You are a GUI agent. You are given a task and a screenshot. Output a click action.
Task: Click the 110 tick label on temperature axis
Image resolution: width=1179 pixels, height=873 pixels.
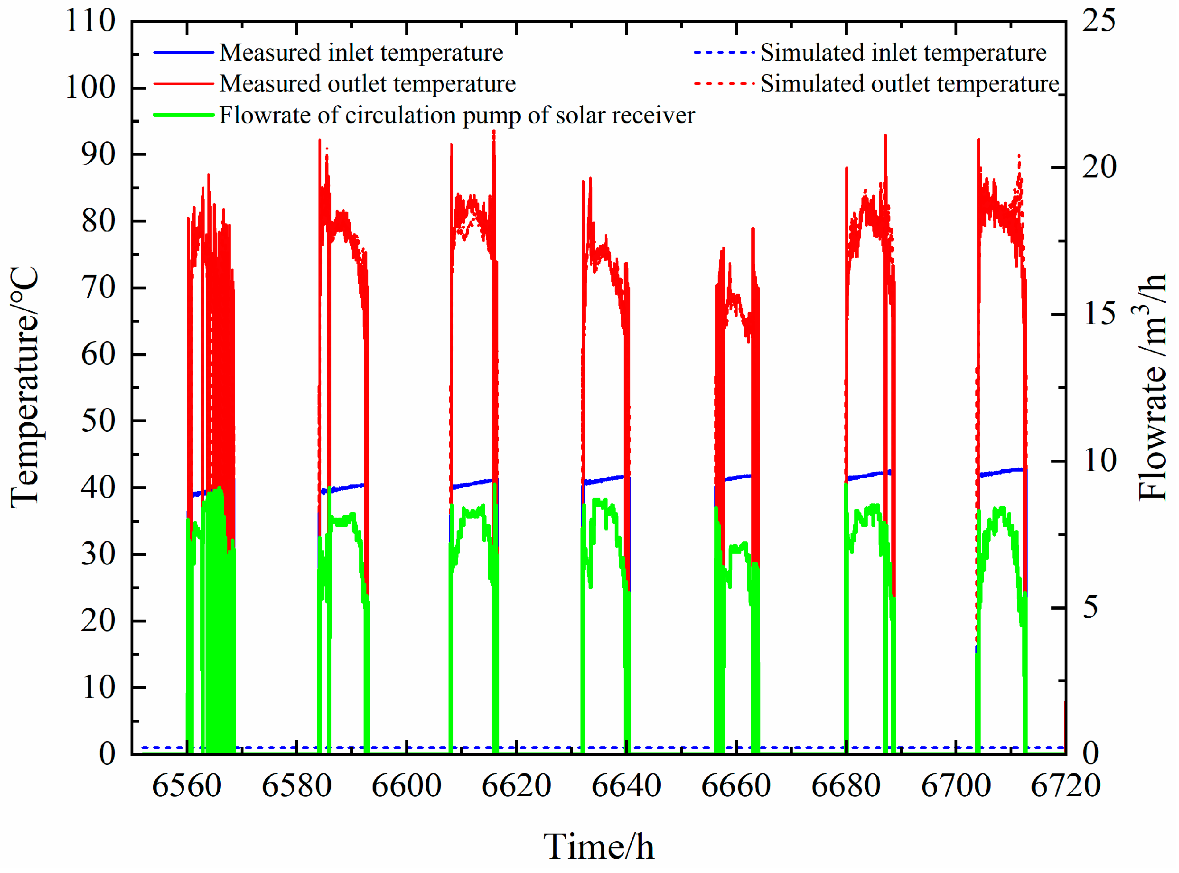point(90,22)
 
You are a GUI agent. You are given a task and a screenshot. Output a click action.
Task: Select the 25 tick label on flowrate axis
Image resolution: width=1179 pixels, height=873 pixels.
point(1099,22)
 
